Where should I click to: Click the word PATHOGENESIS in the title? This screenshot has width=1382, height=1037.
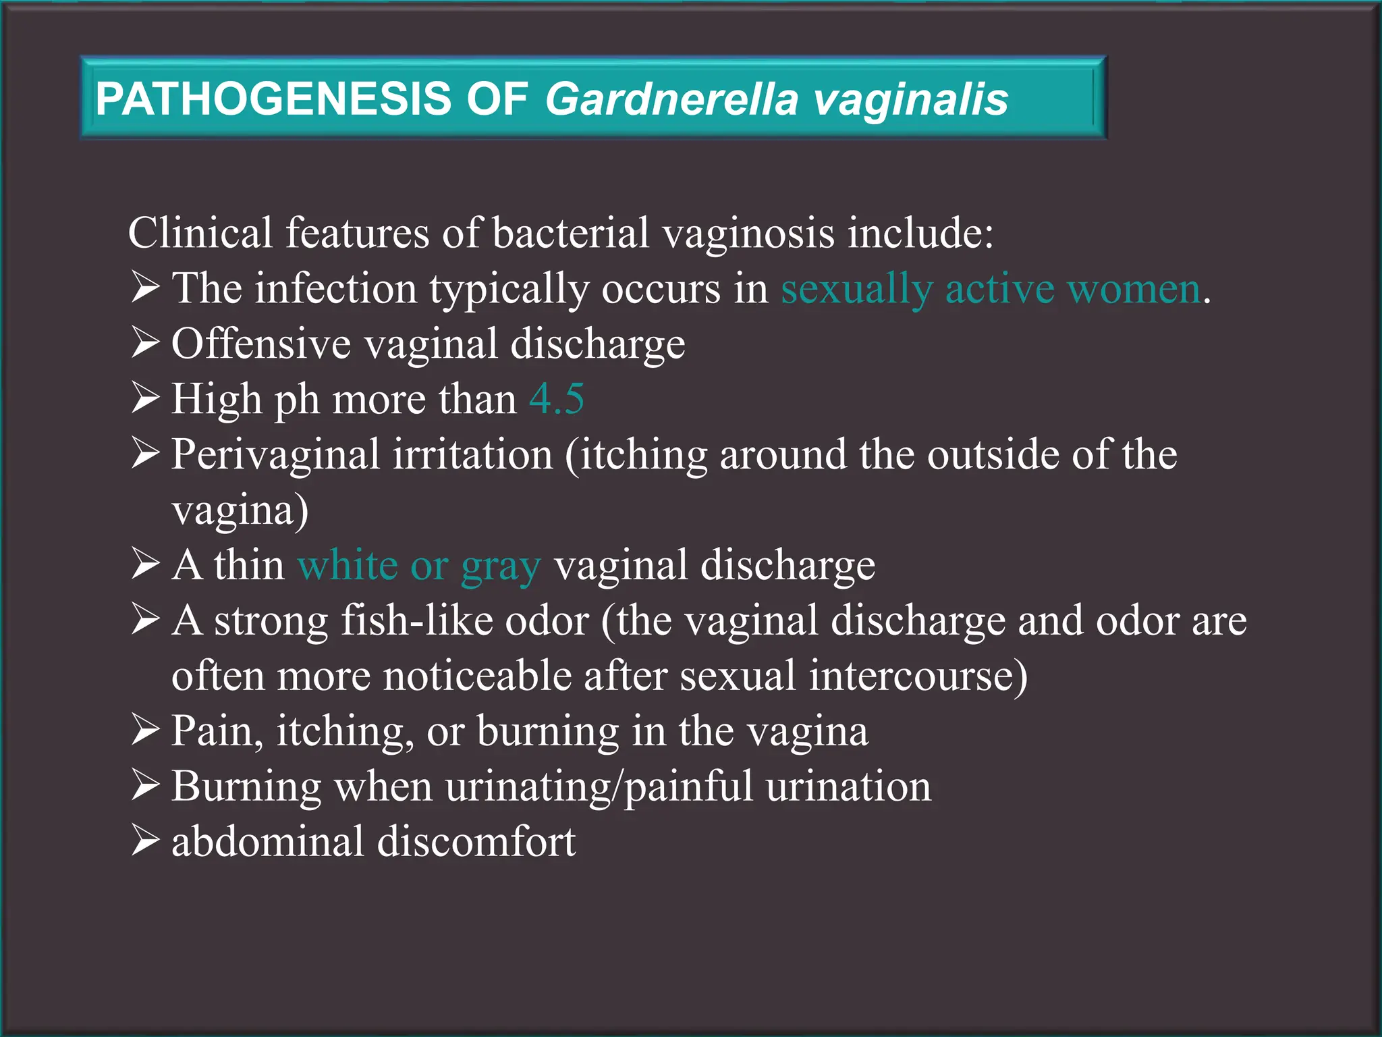[273, 99]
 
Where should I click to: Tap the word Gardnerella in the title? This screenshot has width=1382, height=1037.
[672, 100]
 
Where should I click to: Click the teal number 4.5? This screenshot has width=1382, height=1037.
[557, 398]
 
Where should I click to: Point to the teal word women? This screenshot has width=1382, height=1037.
[1134, 289]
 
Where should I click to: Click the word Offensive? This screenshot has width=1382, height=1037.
[260, 344]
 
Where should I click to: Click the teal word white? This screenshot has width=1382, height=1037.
[348, 564]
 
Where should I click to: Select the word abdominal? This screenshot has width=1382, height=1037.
[267, 842]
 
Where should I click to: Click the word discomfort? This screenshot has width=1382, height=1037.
[476, 842]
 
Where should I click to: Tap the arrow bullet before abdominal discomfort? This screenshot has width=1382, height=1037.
[145, 841]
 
